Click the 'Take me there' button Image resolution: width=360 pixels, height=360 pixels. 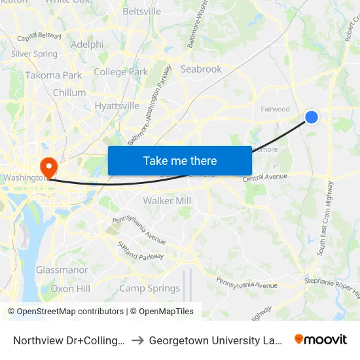179,160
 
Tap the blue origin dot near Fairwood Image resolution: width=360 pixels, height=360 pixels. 312,117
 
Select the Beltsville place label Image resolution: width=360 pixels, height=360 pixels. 141,12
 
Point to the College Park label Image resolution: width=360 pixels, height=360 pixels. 120,72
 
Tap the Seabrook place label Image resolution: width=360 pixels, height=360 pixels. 201,69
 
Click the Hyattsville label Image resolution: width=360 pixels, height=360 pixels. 117,105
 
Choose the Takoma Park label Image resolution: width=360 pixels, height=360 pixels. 54,75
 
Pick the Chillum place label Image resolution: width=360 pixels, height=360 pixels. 69,93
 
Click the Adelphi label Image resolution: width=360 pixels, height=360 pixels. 87,45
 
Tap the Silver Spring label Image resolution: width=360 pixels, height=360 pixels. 34,54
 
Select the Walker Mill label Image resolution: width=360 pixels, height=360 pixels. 167,201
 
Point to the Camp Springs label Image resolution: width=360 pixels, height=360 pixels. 149,288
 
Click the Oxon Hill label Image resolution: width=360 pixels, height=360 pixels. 71,288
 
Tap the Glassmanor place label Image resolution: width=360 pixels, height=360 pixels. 62,270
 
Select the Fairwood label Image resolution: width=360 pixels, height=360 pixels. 275,109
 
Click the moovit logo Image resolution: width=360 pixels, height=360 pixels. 321,340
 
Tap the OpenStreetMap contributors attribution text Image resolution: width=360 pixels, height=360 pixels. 65,312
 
